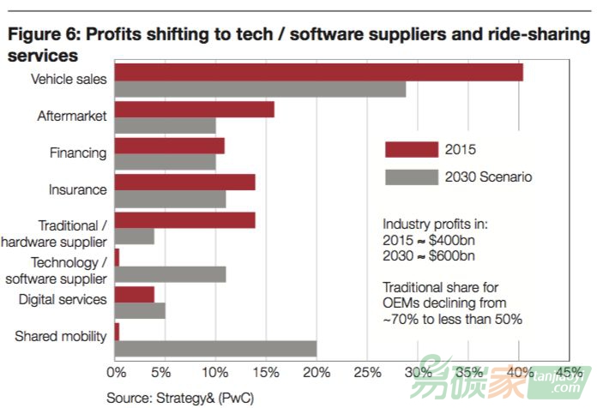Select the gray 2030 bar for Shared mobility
click(x=215, y=349)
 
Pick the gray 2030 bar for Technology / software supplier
click(x=170, y=274)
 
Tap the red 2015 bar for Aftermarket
click(x=194, y=110)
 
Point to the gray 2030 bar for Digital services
click(x=140, y=311)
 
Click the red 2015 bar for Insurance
click(x=184, y=183)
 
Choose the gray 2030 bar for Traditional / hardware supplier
click(x=135, y=237)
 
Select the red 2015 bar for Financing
click(x=169, y=146)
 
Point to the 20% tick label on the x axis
click(x=317, y=373)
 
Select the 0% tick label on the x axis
click(x=115, y=373)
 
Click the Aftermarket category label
click(x=72, y=116)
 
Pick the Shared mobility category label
click(x=61, y=336)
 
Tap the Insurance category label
click(x=78, y=189)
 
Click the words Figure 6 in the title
click(x=41, y=36)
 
